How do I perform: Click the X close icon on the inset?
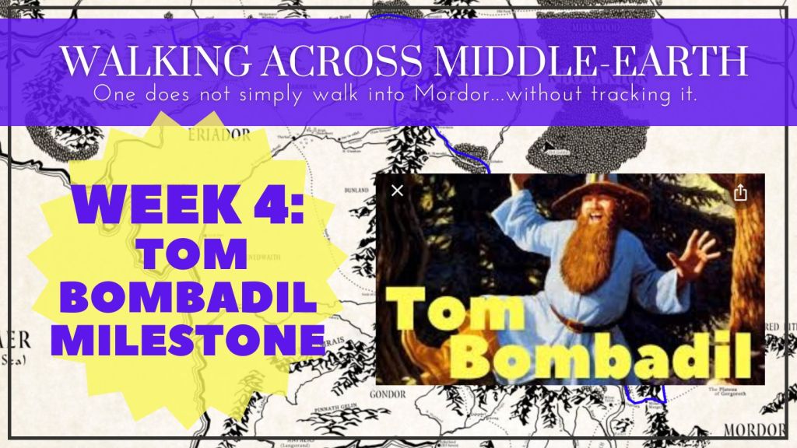pyautogui.click(x=397, y=191)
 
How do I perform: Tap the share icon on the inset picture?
pyautogui.click(x=740, y=193)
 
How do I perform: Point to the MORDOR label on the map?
pyautogui.click(x=767, y=430)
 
